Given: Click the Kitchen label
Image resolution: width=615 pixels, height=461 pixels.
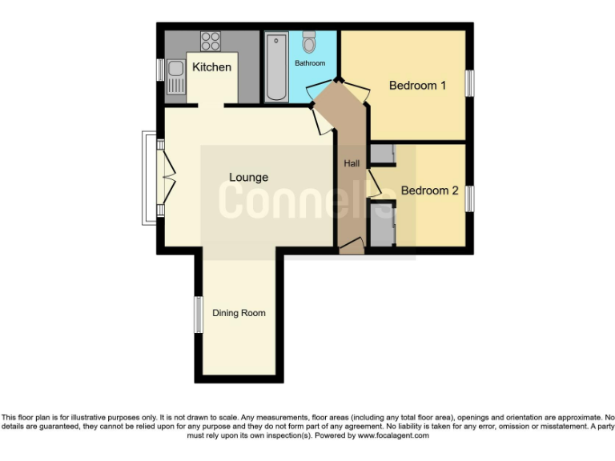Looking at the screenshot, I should (211, 67).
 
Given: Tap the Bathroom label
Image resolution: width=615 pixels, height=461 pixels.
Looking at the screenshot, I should (310, 63).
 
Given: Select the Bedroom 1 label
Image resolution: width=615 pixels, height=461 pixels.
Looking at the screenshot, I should (417, 86).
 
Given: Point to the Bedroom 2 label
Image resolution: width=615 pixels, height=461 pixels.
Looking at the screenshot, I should (429, 190).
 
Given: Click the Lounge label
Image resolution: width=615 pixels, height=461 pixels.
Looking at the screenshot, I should (248, 177).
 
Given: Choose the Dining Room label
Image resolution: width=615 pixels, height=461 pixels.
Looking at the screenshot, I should (239, 313).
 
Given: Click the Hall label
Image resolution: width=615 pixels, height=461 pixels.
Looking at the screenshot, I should (352, 163).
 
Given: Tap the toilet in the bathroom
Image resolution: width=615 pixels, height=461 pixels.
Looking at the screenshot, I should (309, 43).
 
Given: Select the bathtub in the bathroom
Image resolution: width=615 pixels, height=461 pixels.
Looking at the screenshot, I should (275, 67).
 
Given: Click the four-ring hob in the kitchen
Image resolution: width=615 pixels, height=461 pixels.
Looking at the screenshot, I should (211, 40).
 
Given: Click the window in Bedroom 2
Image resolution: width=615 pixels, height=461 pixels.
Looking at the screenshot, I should (471, 198).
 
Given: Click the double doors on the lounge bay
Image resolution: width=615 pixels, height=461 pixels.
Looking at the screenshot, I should (167, 177).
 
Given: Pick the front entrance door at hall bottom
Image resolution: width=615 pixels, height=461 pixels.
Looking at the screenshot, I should (352, 250).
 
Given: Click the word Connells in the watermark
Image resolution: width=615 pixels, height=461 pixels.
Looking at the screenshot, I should (307, 200).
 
